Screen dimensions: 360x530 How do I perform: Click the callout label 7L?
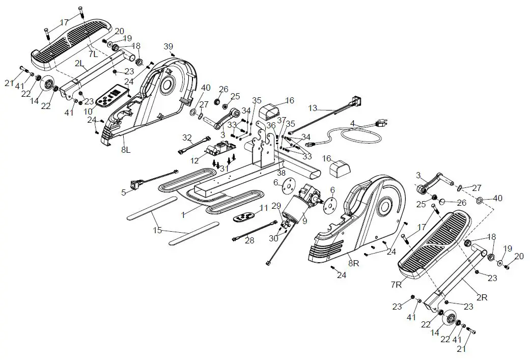point(92,53)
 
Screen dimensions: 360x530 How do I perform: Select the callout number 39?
point(169,46)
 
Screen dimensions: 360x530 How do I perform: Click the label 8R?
point(353,263)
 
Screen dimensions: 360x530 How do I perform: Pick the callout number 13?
point(312,107)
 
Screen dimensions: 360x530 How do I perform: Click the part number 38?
point(281,173)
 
